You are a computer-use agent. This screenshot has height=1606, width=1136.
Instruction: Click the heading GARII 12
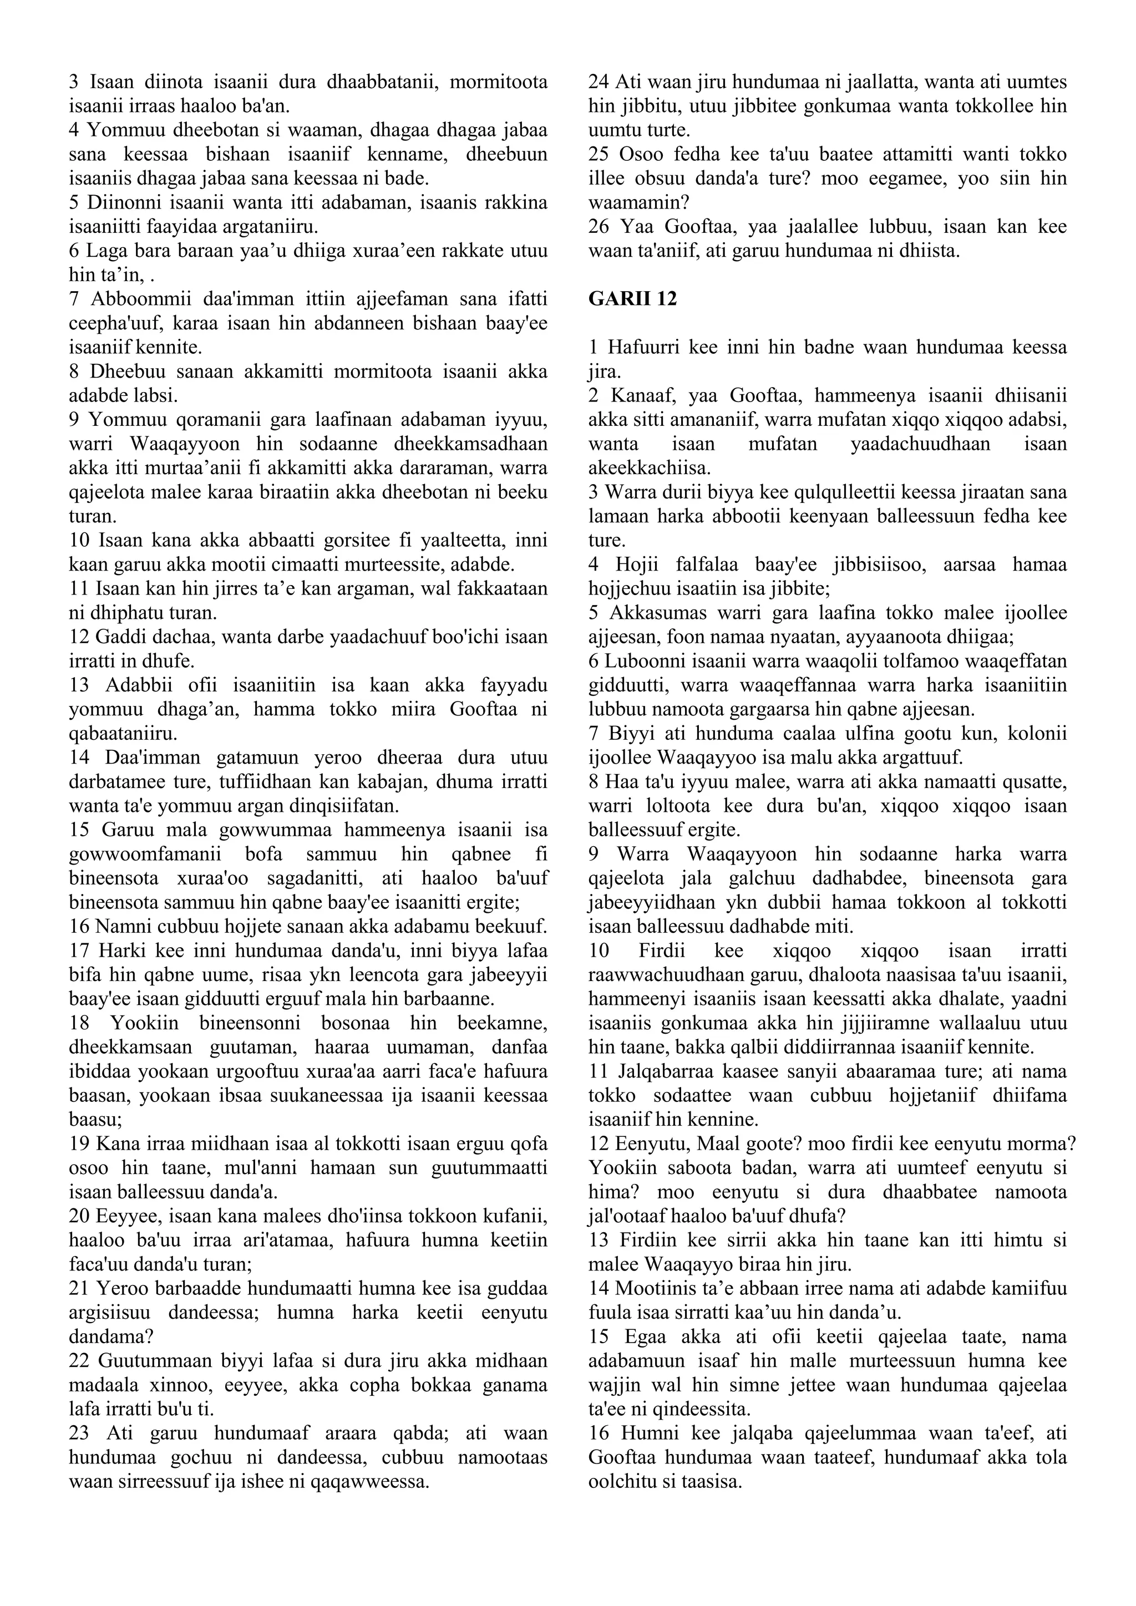coord(632,299)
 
